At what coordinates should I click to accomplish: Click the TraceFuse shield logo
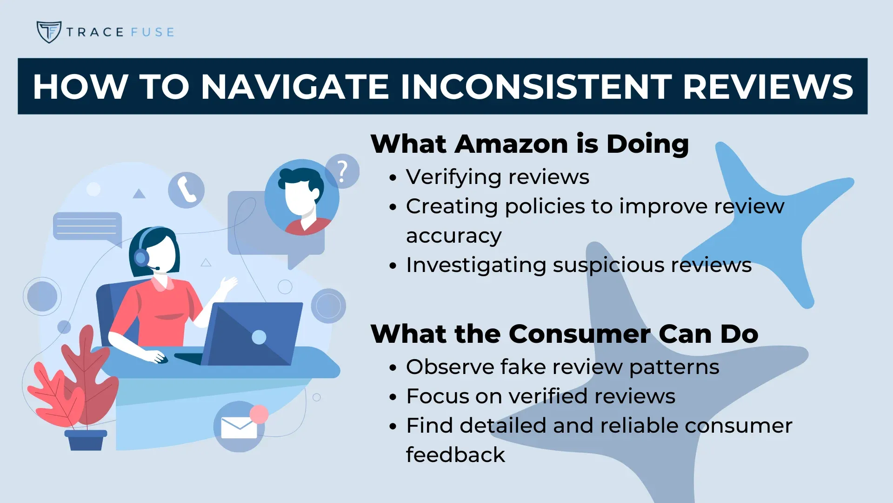click(x=49, y=32)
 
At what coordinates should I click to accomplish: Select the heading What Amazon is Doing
click(x=530, y=143)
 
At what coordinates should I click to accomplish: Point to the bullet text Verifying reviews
click(x=498, y=177)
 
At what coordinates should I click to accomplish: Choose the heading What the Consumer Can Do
click(x=564, y=333)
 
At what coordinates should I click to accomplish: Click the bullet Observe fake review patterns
click(x=563, y=367)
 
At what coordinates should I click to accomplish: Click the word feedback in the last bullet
click(x=455, y=455)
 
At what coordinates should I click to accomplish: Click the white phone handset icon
click(x=187, y=190)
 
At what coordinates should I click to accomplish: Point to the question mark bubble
click(x=342, y=171)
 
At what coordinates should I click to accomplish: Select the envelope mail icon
click(x=239, y=427)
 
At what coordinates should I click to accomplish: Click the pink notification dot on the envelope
click(x=259, y=414)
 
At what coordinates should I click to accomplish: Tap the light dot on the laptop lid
click(x=259, y=337)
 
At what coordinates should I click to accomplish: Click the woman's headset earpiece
click(x=141, y=257)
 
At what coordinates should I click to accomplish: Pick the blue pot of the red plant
click(x=86, y=440)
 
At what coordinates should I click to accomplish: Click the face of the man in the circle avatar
click(x=298, y=198)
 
